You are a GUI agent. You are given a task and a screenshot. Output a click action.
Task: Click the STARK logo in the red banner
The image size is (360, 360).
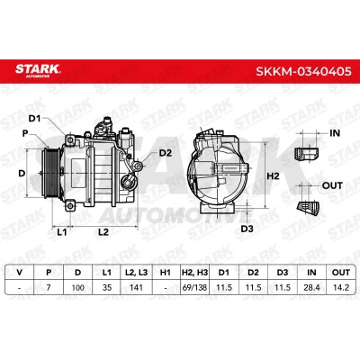click(38, 70)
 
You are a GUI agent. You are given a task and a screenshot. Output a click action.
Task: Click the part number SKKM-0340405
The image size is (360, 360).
click(303, 71)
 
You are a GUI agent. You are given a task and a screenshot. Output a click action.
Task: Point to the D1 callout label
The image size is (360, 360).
click(34, 119)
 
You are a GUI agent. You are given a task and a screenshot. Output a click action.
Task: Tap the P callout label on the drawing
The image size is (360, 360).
click(25, 133)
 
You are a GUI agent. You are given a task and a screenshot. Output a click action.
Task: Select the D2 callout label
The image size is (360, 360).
click(165, 153)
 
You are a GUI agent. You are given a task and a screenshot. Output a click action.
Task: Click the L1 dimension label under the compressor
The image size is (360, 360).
click(62, 232)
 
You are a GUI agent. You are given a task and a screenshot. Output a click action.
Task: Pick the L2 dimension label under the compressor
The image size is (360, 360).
click(103, 232)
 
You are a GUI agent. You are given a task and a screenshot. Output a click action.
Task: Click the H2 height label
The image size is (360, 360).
click(273, 176)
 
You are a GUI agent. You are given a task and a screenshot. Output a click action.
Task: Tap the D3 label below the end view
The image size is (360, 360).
click(247, 229)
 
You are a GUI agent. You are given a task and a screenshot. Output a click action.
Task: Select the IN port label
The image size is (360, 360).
click(335, 133)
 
